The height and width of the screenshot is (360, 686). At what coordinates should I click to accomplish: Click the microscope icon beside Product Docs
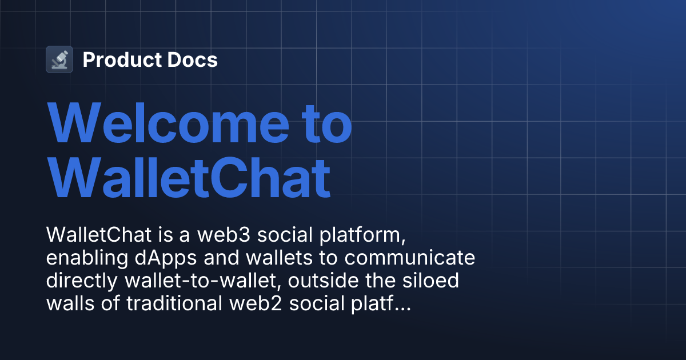tap(59, 59)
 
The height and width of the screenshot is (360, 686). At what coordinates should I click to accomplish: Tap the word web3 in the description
tap(211, 235)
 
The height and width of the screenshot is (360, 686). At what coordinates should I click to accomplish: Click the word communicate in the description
tap(408, 258)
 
